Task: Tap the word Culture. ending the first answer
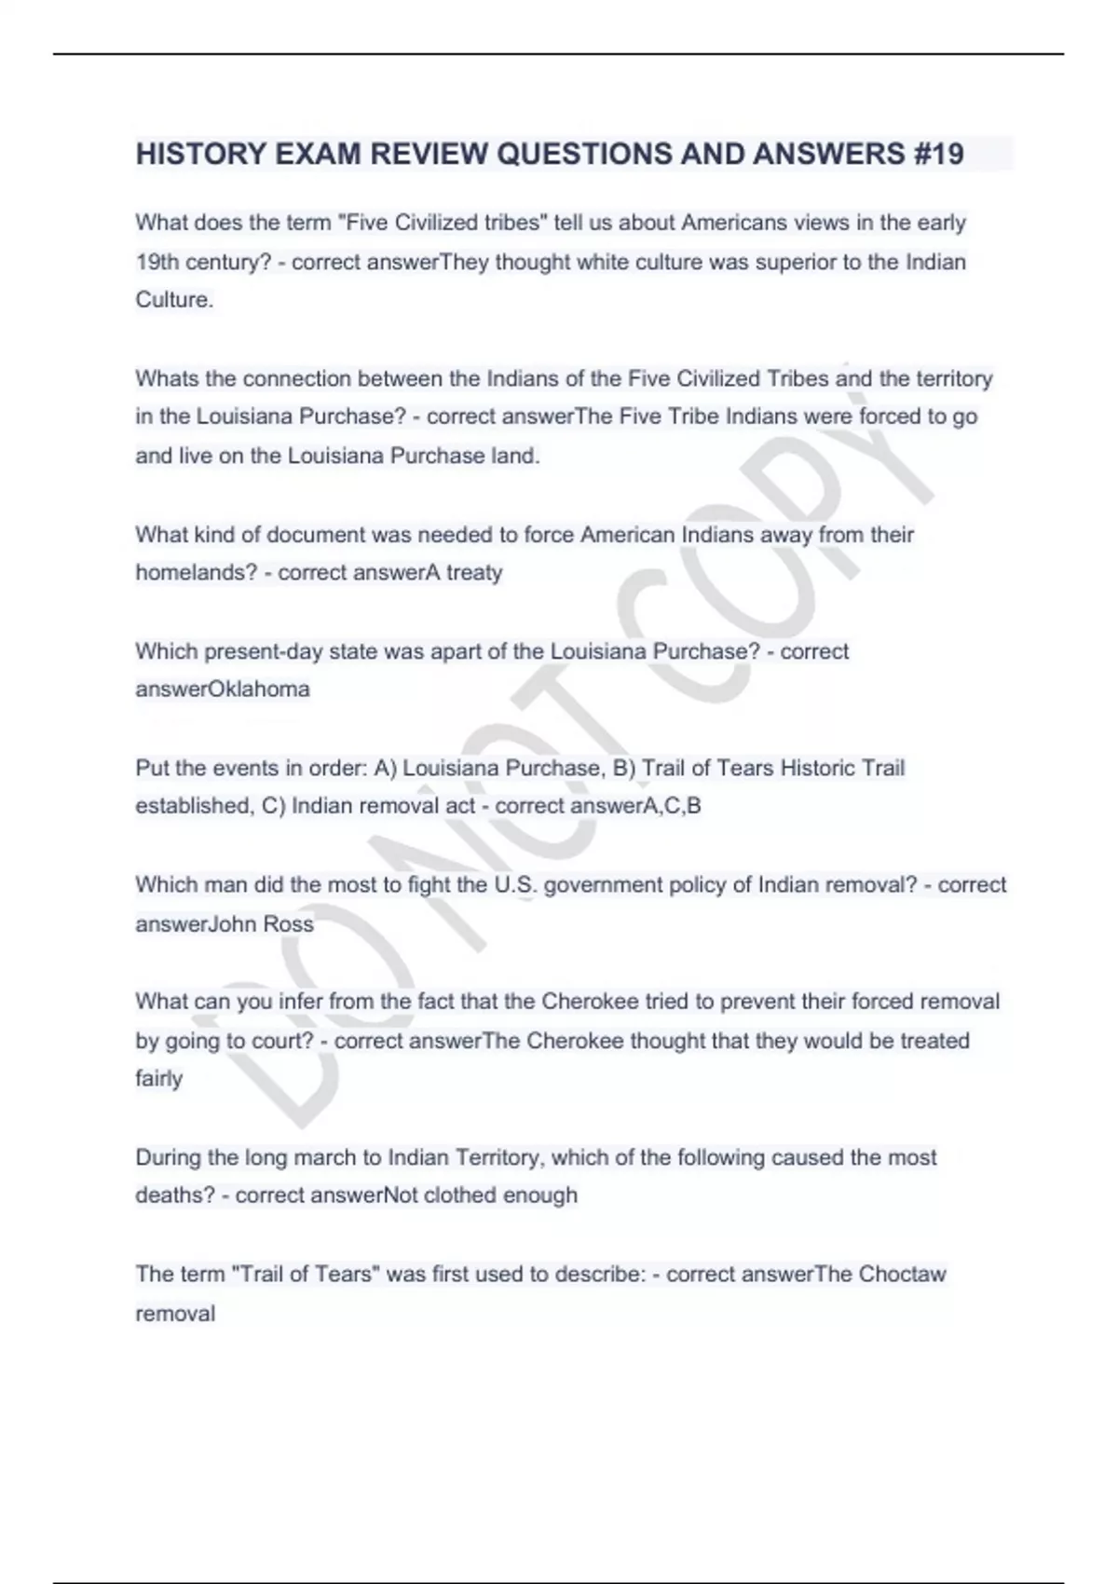point(174,300)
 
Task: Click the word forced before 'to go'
point(889,416)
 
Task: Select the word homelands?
point(196,572)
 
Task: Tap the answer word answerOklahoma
point(223,690)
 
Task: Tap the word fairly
point(158,1079)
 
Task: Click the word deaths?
point(175,1195)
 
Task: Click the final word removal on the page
point(175,1314)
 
